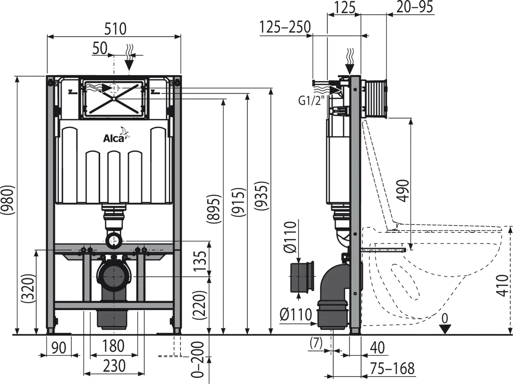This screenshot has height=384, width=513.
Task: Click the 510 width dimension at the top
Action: click(x=115, y=29)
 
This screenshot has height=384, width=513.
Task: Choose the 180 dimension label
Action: click(x=114, y=345)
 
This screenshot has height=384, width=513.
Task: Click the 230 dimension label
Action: click(x=114, y=366)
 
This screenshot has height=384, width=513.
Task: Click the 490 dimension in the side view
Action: click(x=403, y=191)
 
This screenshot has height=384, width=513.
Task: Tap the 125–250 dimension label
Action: click(x=285, y=28)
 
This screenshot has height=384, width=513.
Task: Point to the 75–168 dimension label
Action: click(x=393, y=368)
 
